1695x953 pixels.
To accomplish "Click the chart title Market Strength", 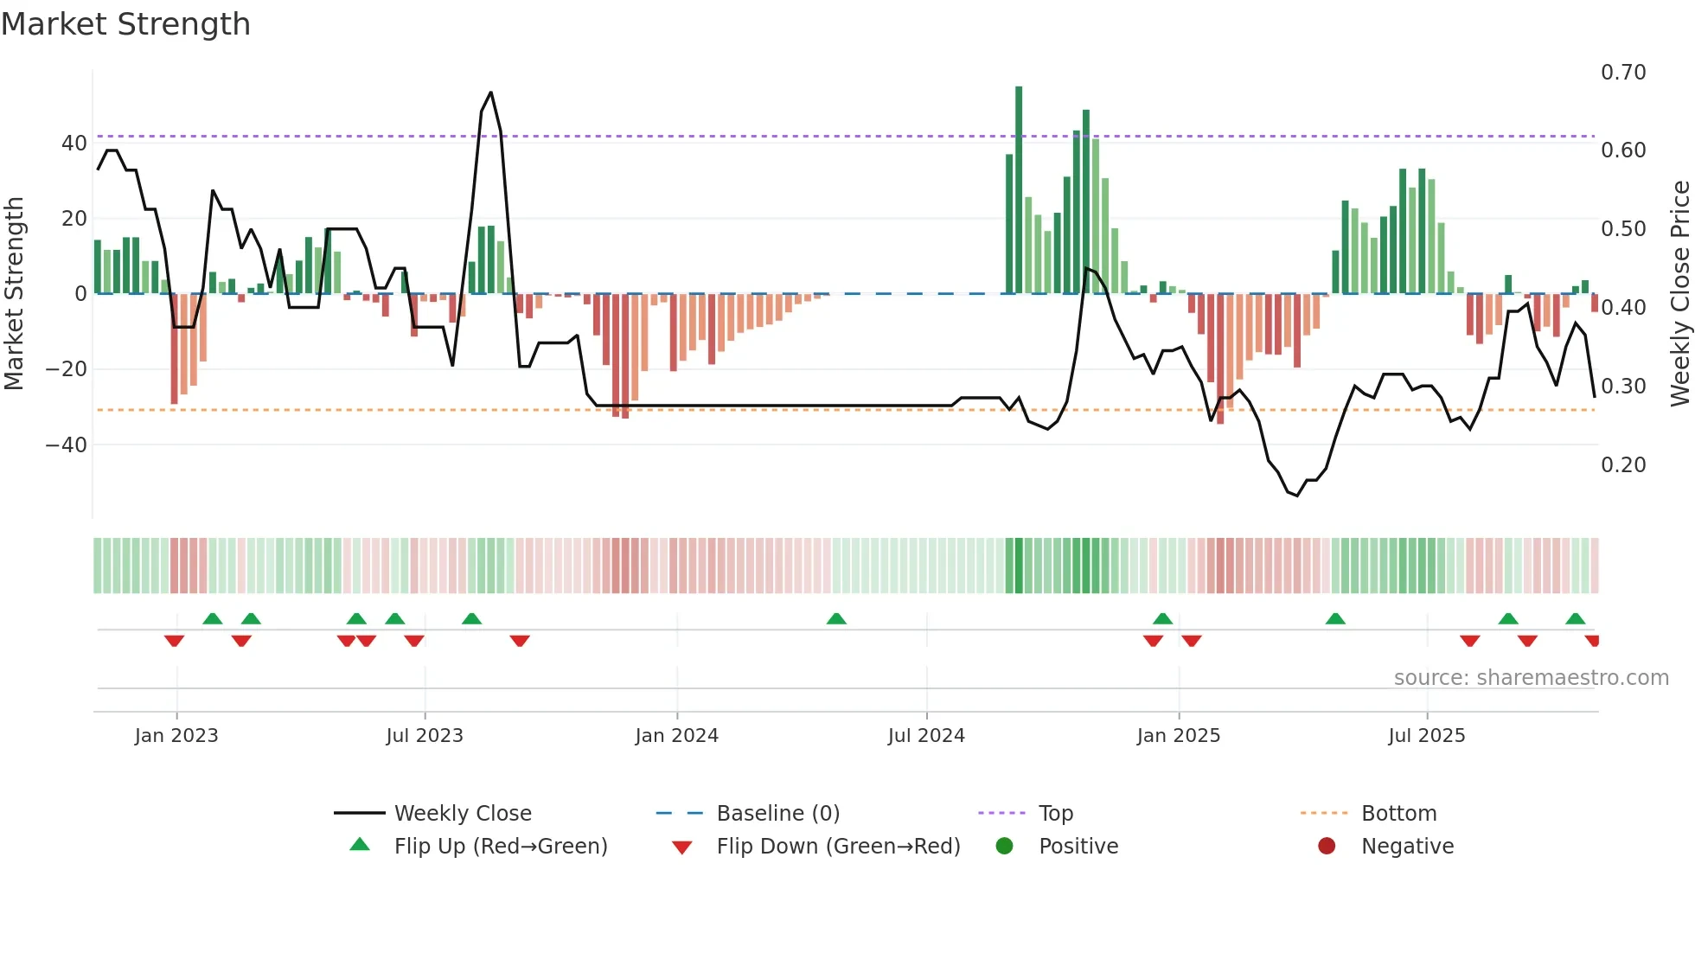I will (125, 24).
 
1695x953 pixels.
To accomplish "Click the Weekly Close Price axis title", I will (1679, 293).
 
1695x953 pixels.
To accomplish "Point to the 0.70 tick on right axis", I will (1622, 73).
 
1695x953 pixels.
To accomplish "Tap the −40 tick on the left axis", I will (67, 445).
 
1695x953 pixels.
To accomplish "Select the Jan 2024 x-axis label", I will (676, 736).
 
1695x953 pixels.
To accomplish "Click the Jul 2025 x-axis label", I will (1426, 736).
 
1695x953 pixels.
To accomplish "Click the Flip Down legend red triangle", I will (681, 847).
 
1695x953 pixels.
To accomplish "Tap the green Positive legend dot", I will (1004, 847).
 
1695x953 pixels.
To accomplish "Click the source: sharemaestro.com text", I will (1531, 678).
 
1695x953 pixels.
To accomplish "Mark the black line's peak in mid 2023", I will (491, 93).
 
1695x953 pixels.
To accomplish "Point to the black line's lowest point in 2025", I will (1297, 496).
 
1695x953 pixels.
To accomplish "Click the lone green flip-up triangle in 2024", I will (836, 619).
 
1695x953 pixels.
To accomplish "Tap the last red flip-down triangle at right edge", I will (1593, 641).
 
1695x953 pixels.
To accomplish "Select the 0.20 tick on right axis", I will (1622, 465).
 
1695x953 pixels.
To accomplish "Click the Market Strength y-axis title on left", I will (14, 293).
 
